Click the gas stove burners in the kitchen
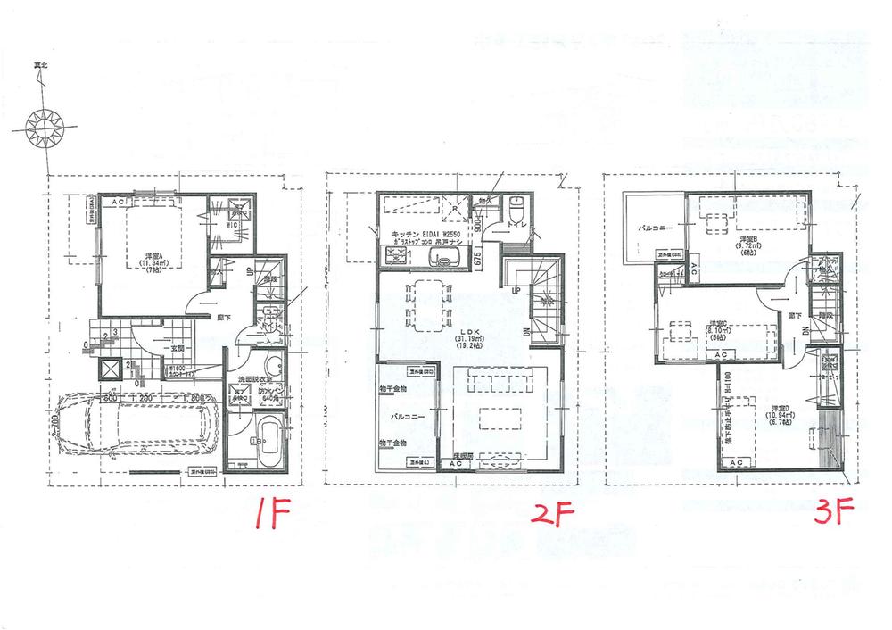(x=395, y=258)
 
